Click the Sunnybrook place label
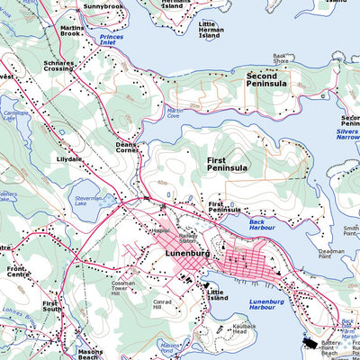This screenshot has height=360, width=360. click(x=103, y=6)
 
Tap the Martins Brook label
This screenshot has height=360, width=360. click(x=73, y=31)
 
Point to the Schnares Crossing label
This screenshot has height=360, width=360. click(x=59, y=67)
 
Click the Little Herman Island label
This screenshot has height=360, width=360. click(x=215, y=30)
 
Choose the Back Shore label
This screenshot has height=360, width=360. click(x=280, y=58)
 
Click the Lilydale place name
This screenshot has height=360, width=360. click(x=69, y=158)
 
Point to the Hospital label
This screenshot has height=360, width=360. click(x=160, y=230)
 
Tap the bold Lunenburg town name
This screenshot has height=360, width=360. click(x=187, y=255)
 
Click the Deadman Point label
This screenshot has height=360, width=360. click(x=330, y=255)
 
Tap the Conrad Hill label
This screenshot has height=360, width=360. click(x=162, y=305)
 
